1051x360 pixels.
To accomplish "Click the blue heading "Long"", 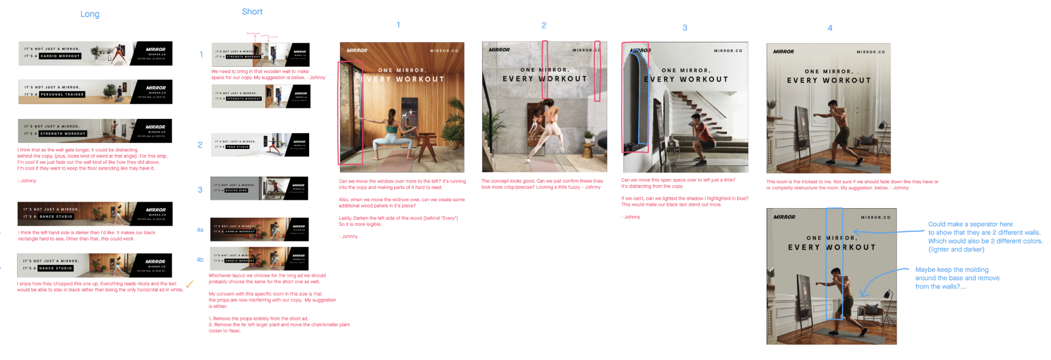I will tap(90, 14).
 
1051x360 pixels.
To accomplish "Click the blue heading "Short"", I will tap(252, 12).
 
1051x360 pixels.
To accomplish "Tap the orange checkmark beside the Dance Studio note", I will tap(189, 284).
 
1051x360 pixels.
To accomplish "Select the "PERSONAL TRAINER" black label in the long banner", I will tap(62, 95).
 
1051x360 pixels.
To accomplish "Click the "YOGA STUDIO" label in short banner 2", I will tap(238, 147).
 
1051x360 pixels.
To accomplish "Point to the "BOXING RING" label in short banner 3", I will tap(236, 190).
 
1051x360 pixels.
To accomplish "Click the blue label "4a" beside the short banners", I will tap(200, 230).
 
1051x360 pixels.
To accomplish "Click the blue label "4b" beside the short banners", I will tap(200, 260).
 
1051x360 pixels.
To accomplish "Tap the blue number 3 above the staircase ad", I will tap(685, 28).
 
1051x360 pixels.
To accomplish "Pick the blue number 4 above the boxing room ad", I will tap(829, 28).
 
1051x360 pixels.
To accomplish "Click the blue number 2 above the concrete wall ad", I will tap(544, 25).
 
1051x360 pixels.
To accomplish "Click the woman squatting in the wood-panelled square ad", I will tap(391, 133).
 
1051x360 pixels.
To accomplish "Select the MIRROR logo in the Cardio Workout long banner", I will tap(155, 50).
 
